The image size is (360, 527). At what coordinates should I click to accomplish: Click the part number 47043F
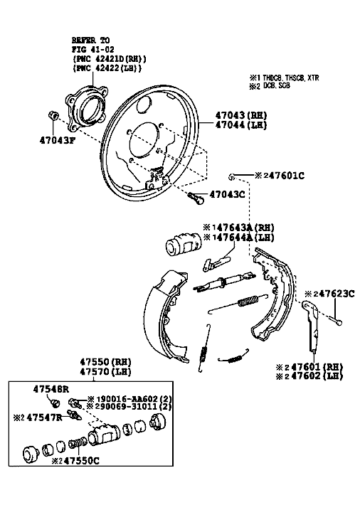[57, 140]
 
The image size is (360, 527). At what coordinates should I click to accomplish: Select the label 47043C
[227, 194]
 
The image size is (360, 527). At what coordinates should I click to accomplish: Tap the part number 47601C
[287, 176]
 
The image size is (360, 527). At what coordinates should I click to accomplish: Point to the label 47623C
[337, 294]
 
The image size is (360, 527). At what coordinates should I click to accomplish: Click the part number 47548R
[51, 389]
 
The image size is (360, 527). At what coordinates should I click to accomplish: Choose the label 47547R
[44, 417]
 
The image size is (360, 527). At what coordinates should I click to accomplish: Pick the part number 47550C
[81, 461]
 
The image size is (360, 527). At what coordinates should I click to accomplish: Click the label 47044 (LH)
[240, 125]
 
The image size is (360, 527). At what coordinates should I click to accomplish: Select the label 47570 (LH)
[105, 372]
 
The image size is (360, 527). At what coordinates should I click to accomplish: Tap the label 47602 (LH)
[317, 376]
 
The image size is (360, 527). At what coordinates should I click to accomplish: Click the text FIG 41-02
[92, 49]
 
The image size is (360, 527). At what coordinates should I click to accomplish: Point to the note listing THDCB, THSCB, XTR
[284, 78]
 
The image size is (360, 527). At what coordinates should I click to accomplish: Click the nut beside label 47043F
[53, 115]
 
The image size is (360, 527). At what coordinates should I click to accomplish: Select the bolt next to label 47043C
[196, 198]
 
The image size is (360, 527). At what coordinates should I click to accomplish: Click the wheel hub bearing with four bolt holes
[86, 107]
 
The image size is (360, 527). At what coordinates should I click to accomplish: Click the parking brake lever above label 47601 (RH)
[311, 325]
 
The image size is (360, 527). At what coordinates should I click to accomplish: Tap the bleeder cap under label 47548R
[55, 403]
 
